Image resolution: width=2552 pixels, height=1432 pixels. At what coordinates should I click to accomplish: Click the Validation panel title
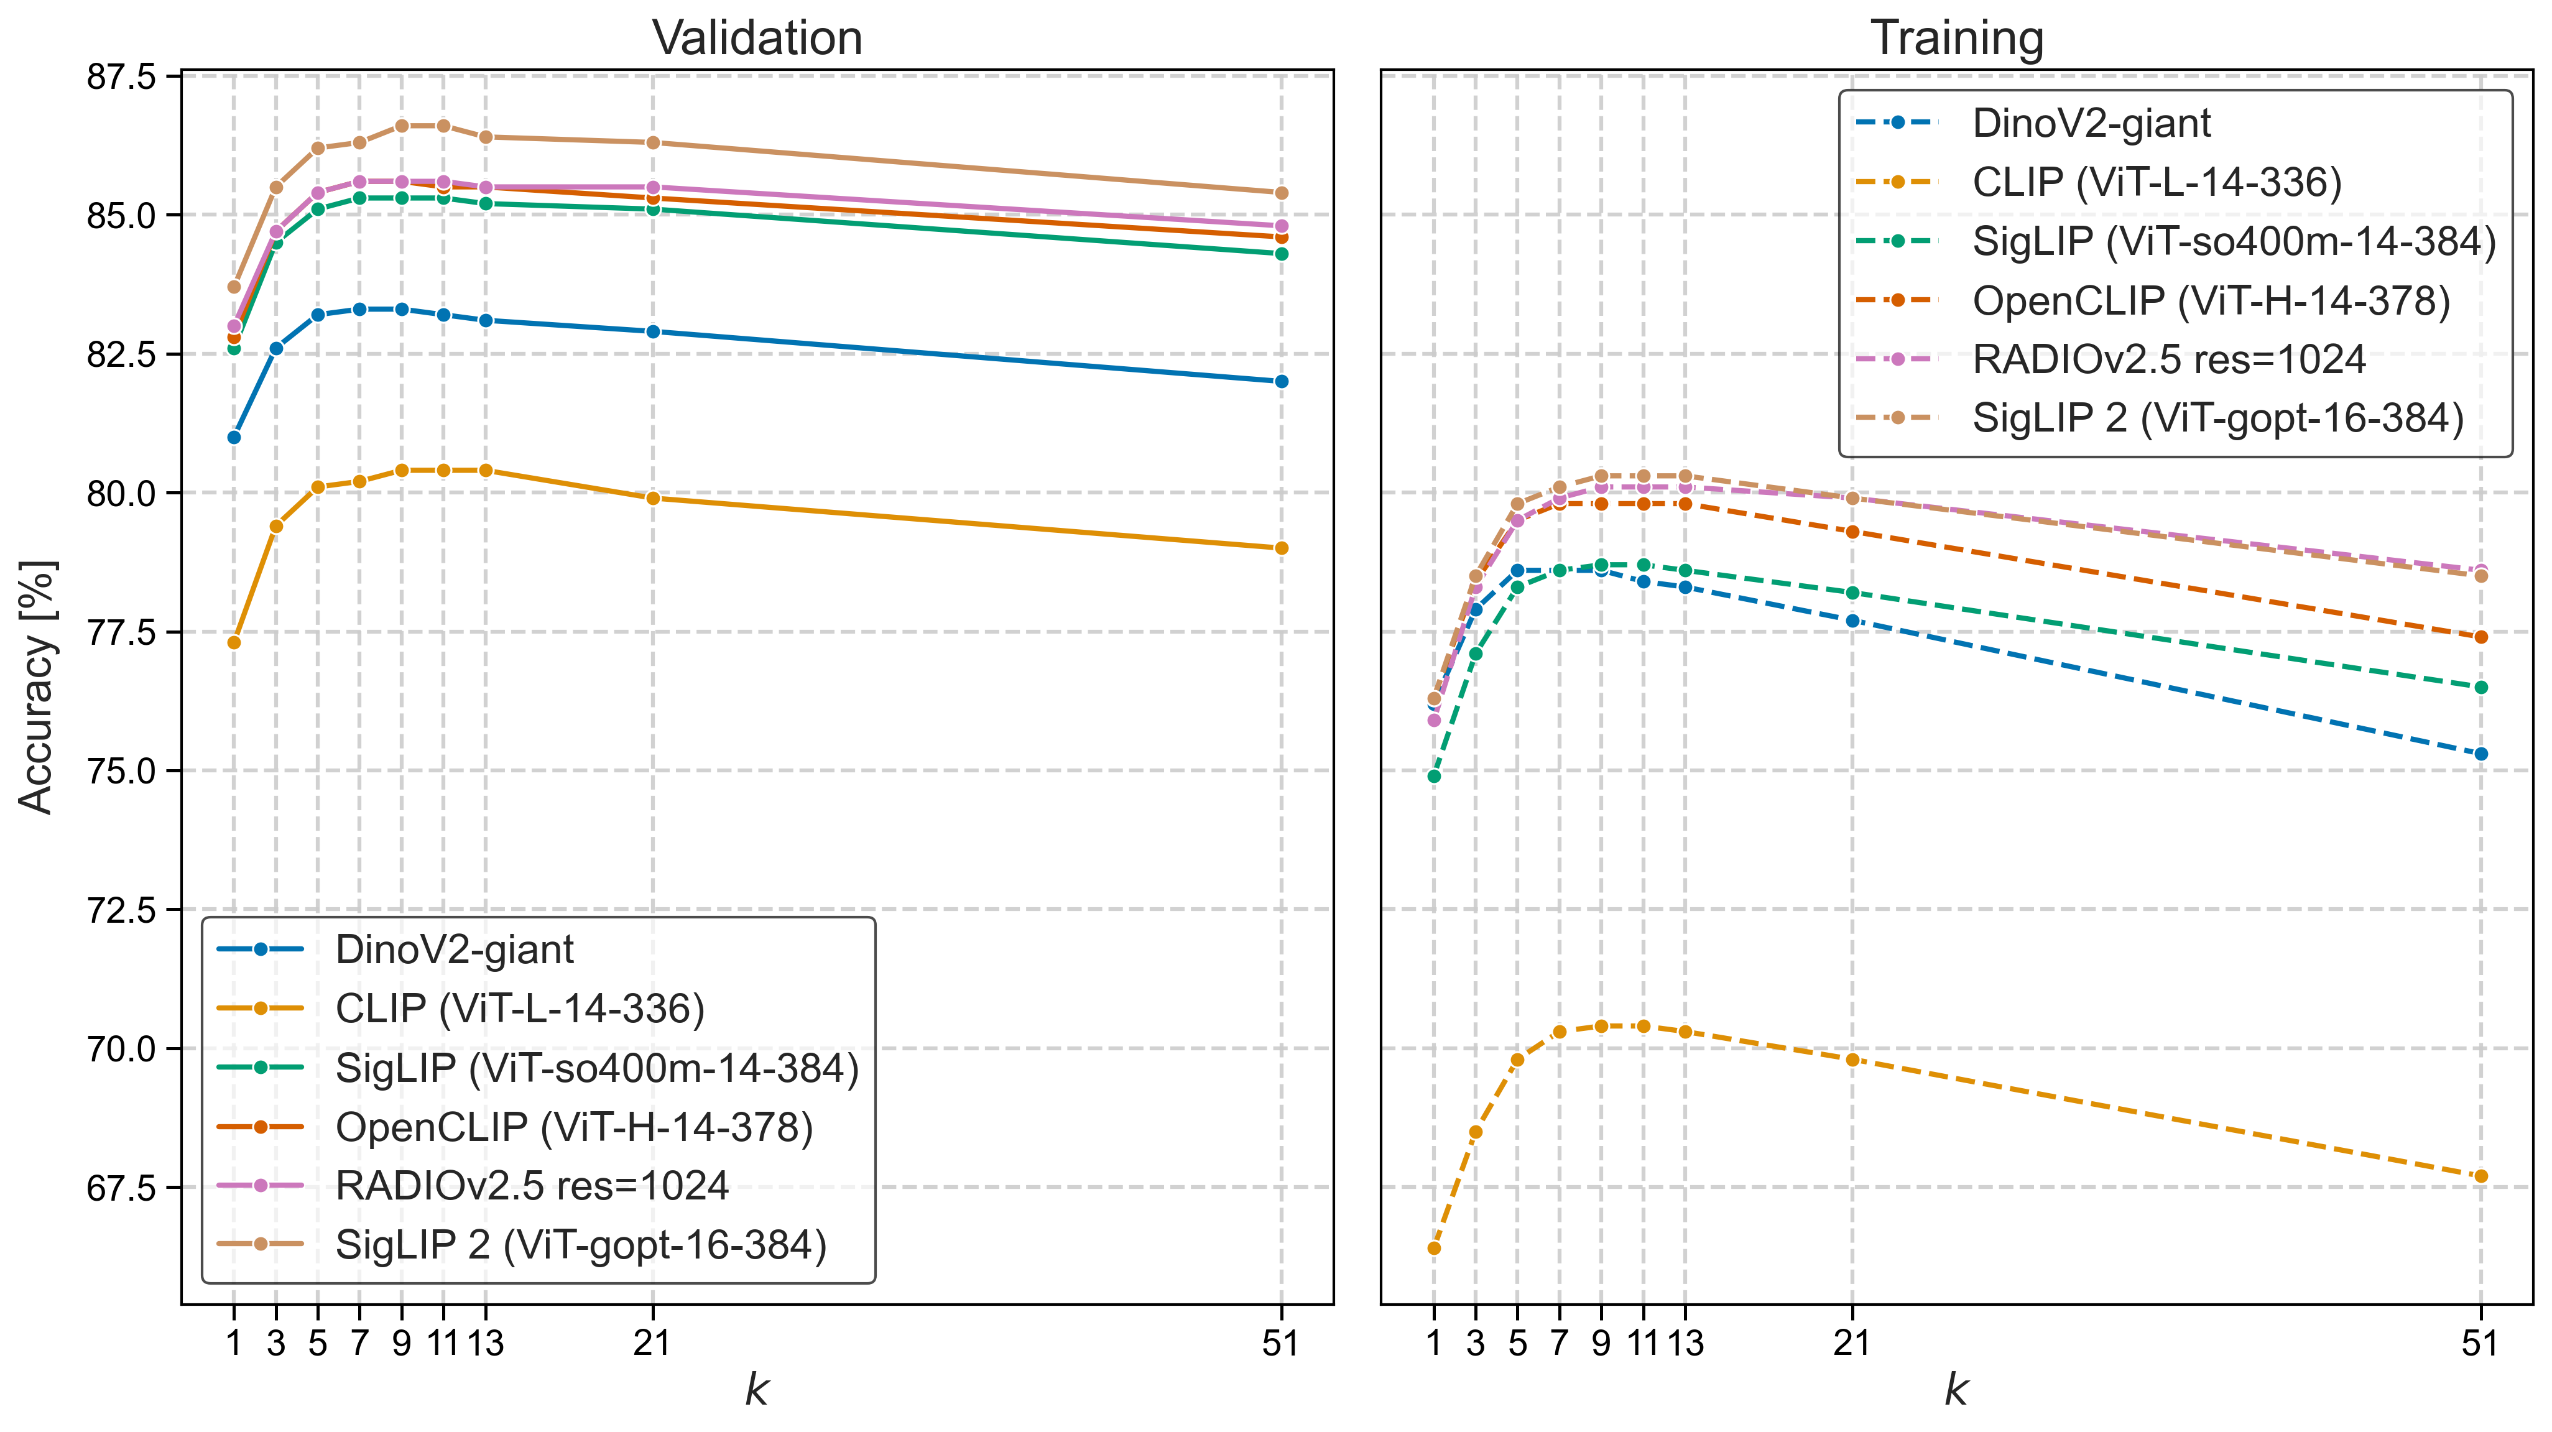click(757, 39)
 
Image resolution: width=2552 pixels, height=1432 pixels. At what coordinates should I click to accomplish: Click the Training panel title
click(1957, 39)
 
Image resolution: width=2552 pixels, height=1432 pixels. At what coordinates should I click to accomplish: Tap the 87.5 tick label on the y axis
click(121, 77)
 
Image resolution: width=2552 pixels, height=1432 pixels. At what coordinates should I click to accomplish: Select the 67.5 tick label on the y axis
click(121, 1188)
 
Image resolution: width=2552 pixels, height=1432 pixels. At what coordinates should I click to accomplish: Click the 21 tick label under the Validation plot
click(652, 1343)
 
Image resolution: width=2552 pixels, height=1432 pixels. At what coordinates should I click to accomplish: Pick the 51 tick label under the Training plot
click(2480, 1343)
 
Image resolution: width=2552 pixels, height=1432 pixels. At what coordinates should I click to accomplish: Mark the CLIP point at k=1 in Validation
click(234, 643)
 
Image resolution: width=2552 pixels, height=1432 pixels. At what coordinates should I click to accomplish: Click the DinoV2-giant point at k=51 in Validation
click(1281, 381)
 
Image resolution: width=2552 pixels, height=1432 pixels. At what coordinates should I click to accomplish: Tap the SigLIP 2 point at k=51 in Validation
click(1281, 193)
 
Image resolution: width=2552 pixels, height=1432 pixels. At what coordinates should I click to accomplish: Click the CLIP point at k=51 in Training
click(2480, 1176)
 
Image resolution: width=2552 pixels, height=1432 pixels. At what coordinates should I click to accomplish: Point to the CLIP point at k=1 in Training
click(1433, 1248)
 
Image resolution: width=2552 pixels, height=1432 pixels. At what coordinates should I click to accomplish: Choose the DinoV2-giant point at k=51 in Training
click(2480, 754)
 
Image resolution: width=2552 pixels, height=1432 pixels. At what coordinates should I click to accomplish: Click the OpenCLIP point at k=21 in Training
click(1852, 532)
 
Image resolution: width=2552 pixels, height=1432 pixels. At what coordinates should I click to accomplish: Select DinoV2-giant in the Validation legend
click(454, 949)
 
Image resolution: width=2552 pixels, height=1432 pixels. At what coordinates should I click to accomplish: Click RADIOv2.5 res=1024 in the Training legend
click(2168, 359)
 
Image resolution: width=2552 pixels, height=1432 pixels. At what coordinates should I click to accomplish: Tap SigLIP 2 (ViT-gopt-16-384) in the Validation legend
click(581, 1245)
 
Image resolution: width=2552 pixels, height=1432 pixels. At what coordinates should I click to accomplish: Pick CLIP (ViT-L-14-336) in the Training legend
click(2157, 182)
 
